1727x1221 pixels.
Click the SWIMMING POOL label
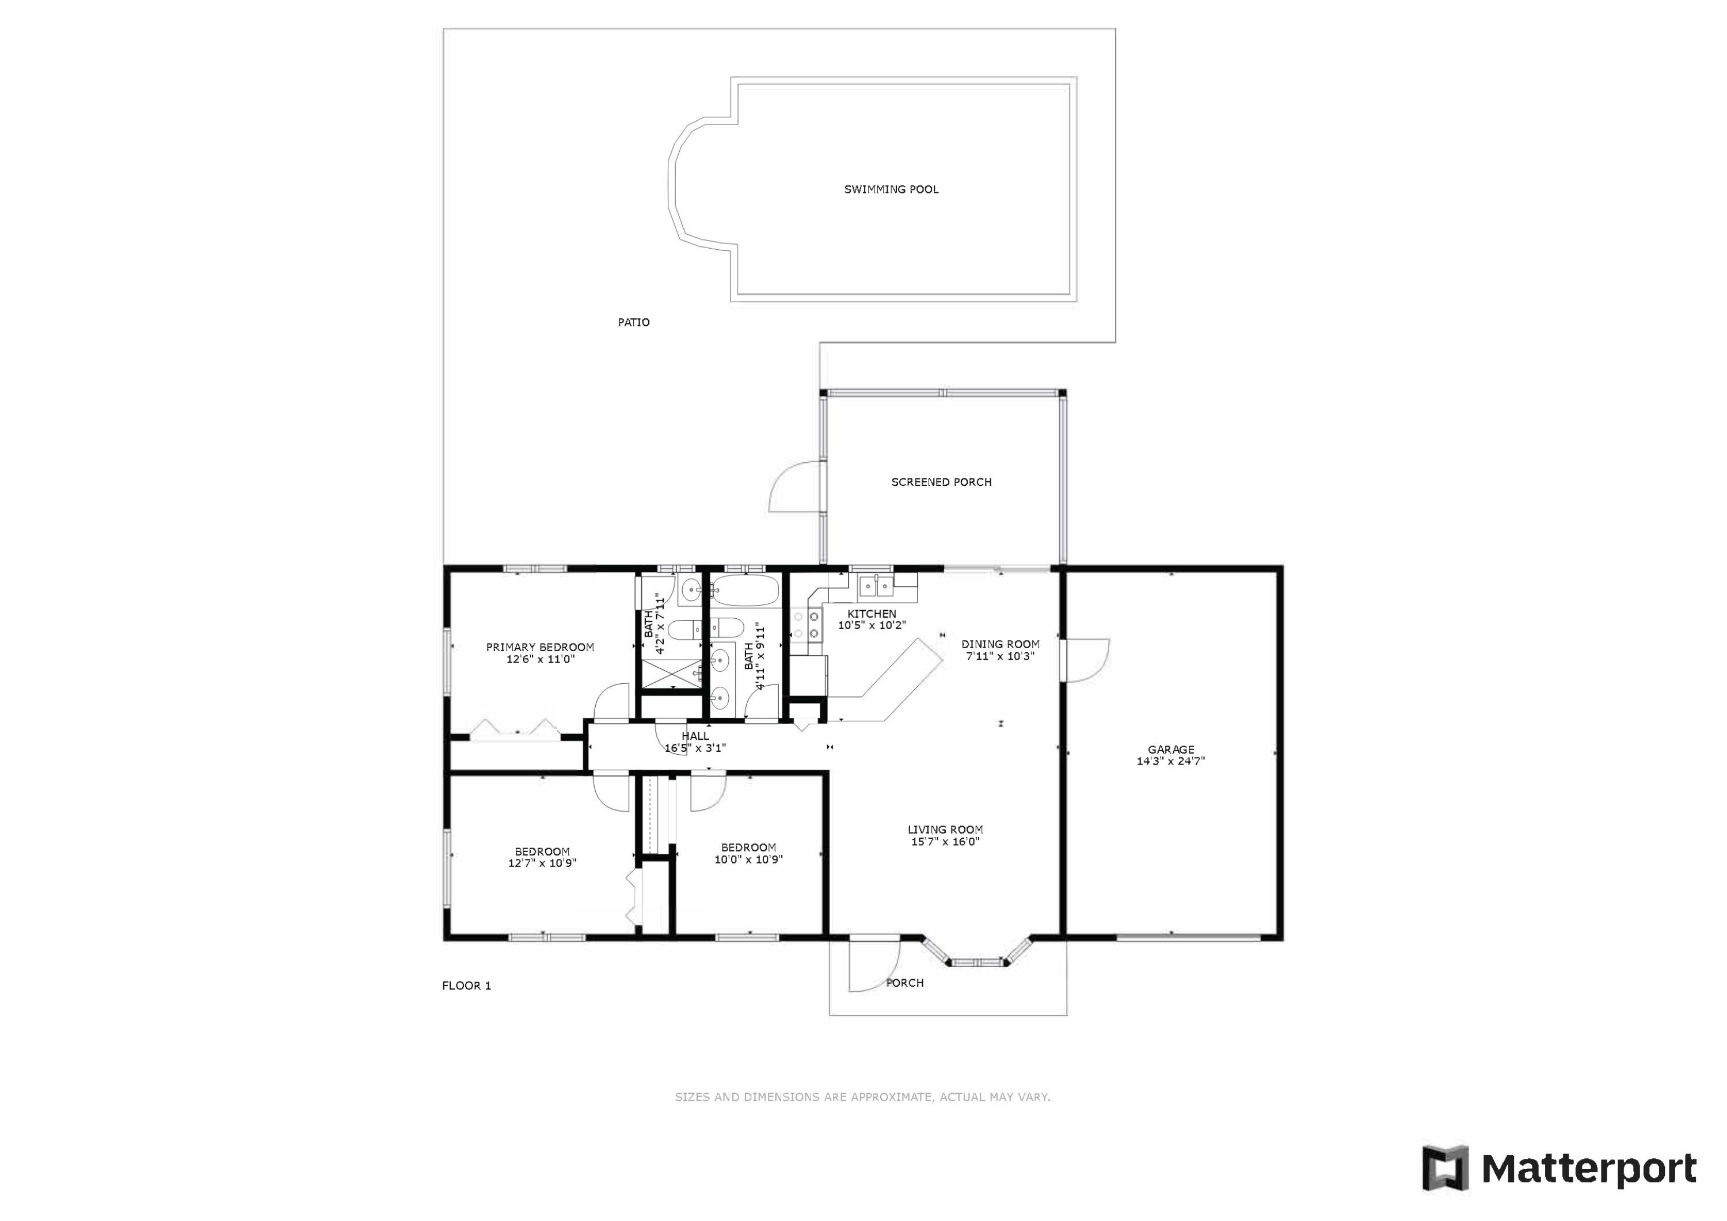coord(891,189)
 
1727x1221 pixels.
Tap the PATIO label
coord(634,322)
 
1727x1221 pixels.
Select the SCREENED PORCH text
coord(941,482)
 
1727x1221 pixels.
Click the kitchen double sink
coord(876,584)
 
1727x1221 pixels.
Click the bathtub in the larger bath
coord(745,590)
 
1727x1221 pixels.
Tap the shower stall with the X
coord(670,674)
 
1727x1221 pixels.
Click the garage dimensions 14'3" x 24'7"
coord(1170,762)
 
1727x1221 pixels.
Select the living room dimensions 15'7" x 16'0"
coord(945,842)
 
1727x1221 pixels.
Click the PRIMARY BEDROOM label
coord(540,647)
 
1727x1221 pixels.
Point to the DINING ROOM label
coord(1001,644)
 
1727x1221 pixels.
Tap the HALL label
coord(695,736)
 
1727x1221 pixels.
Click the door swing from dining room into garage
coord(1085,660)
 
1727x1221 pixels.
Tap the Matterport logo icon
coord(1445,1169)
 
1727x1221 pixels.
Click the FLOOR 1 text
coord(466,986)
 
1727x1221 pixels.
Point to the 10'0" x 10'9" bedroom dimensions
coord(748,859)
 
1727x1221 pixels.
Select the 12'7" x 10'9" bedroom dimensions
coord(542,864)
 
